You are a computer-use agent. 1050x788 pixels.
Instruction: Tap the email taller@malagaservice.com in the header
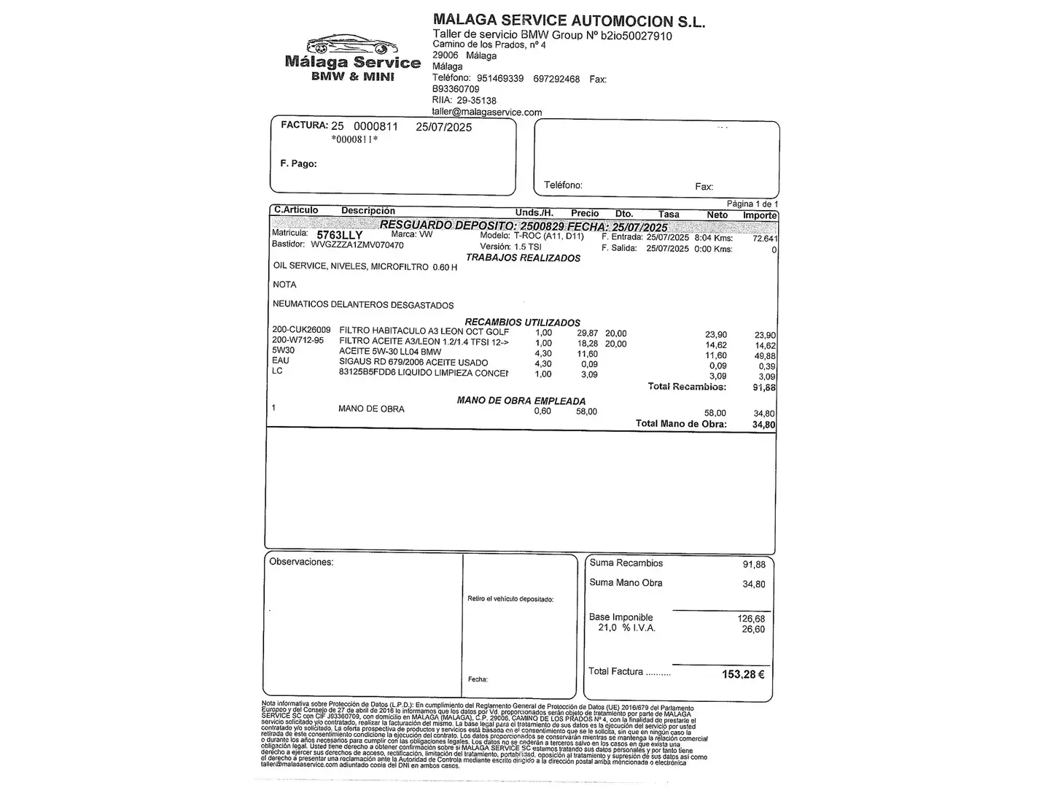tap(486, 112)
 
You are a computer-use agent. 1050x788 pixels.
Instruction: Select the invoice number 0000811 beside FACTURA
tap(376, 126)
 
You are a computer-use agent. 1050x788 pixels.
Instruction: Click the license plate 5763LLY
tap(339, 235)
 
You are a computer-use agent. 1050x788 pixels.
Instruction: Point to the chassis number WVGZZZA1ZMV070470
tap(357, 245)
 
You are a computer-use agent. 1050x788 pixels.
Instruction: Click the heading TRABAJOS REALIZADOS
tap(523, 258)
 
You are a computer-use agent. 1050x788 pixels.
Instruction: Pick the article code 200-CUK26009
tap(301, 330)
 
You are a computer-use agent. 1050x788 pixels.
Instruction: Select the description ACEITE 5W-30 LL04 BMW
tap(390, 352)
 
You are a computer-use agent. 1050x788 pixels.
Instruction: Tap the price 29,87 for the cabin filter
tap(587, 333)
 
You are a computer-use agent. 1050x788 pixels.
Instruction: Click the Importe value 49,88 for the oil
tap(765, 356)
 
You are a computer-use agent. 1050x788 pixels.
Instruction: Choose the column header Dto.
tap(623, 214)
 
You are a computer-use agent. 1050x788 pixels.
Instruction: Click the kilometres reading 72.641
tap(765, 239)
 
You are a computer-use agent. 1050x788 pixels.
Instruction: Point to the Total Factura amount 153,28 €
tap(743, 674)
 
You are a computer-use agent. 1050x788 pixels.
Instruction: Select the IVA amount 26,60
tap(753, 629)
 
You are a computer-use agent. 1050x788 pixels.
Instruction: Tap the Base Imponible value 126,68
tap(751, 619)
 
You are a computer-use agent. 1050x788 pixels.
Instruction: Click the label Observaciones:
tap(301, 562)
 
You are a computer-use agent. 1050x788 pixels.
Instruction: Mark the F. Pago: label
tap(298, 163)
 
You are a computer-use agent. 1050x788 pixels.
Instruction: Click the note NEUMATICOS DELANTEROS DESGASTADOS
tap(363, 305)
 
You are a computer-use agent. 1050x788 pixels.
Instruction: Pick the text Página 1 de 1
tap(752, 204)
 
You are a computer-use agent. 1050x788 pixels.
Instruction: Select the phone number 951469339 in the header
tap(499, 79)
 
